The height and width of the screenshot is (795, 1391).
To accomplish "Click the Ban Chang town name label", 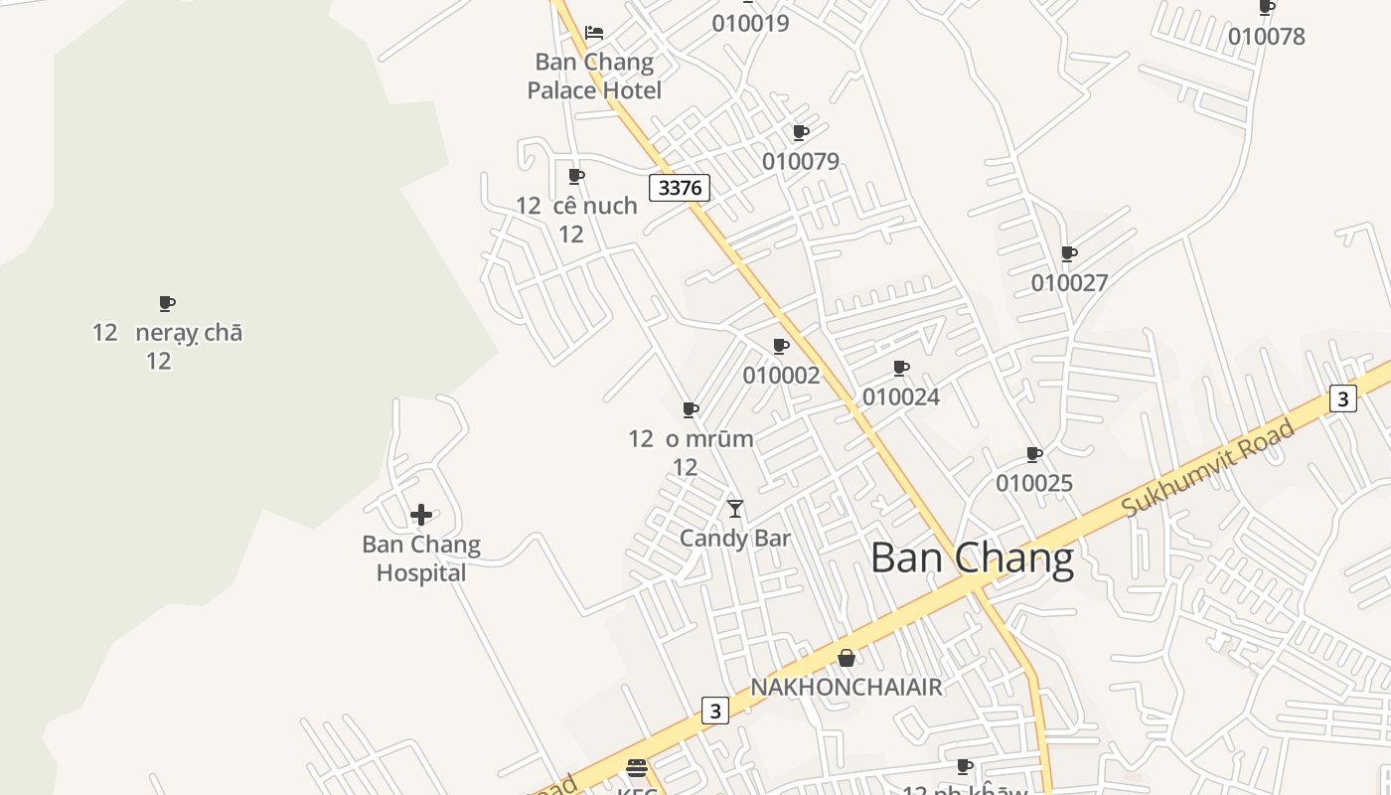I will [972, 558].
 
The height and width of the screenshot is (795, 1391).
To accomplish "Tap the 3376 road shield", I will [680, 187].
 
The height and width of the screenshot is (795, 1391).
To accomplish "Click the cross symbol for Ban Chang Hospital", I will [421, 515].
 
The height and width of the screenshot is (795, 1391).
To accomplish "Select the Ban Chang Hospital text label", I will [421, 558].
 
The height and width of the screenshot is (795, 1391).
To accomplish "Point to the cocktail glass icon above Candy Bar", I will [735, 509].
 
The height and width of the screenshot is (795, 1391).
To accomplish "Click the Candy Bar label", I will [735, 539].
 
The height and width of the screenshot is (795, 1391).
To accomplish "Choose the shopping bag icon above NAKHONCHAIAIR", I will [846, 658].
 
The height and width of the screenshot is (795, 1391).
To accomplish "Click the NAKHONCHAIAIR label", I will [846, 687].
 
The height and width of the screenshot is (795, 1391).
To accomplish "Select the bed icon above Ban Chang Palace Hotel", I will [594, 33].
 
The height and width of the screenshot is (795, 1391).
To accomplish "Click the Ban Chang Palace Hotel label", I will [594, 76].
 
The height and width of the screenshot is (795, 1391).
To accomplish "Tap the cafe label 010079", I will [801, 161].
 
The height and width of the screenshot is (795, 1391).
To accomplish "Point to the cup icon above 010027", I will [1069, 253].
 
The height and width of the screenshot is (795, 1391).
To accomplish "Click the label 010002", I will [782, 376].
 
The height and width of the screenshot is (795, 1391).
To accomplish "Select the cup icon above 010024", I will [901, 368].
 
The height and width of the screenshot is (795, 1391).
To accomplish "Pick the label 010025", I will [1034, 483].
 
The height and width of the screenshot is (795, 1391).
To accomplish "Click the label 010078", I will [1267, 37].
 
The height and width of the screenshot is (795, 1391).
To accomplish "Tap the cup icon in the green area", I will [167, 303].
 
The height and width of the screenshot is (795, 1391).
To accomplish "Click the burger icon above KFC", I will [637, 767].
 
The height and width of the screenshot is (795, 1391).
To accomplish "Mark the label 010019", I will [750, 23].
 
